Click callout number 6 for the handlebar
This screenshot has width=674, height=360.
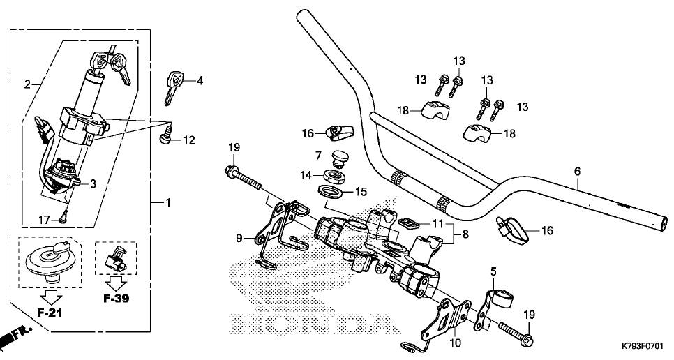coord(577,170)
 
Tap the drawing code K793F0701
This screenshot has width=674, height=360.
coord(640,345)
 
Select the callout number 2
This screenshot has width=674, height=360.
coord(27,84)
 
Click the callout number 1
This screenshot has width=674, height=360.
coord(168,202)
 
